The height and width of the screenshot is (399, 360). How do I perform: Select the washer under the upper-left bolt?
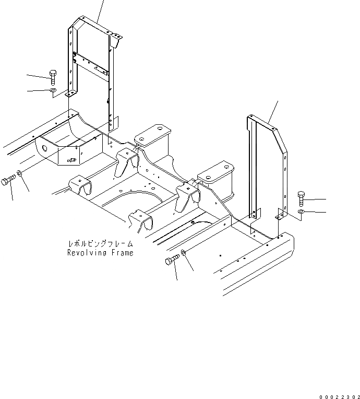click(54, 91)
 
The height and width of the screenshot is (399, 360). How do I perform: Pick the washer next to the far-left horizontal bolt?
click(19, 174)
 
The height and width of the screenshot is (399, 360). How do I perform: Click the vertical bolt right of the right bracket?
click(301, 199)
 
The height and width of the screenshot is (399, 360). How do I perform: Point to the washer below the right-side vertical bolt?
click(302, 212)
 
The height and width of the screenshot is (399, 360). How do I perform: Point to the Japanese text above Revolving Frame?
click(100, 243)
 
